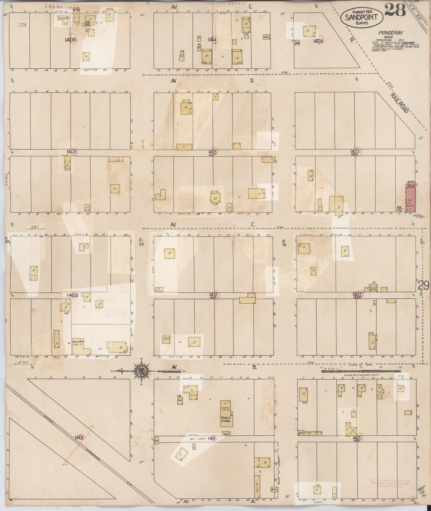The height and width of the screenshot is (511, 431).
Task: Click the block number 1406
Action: point(71,40)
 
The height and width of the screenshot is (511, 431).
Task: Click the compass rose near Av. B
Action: point(141,371)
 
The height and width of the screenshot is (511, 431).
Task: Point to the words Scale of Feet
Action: point(360,364)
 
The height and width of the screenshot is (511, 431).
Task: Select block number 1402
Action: point(71,295)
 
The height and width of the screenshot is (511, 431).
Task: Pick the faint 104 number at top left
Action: point(23,25)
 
